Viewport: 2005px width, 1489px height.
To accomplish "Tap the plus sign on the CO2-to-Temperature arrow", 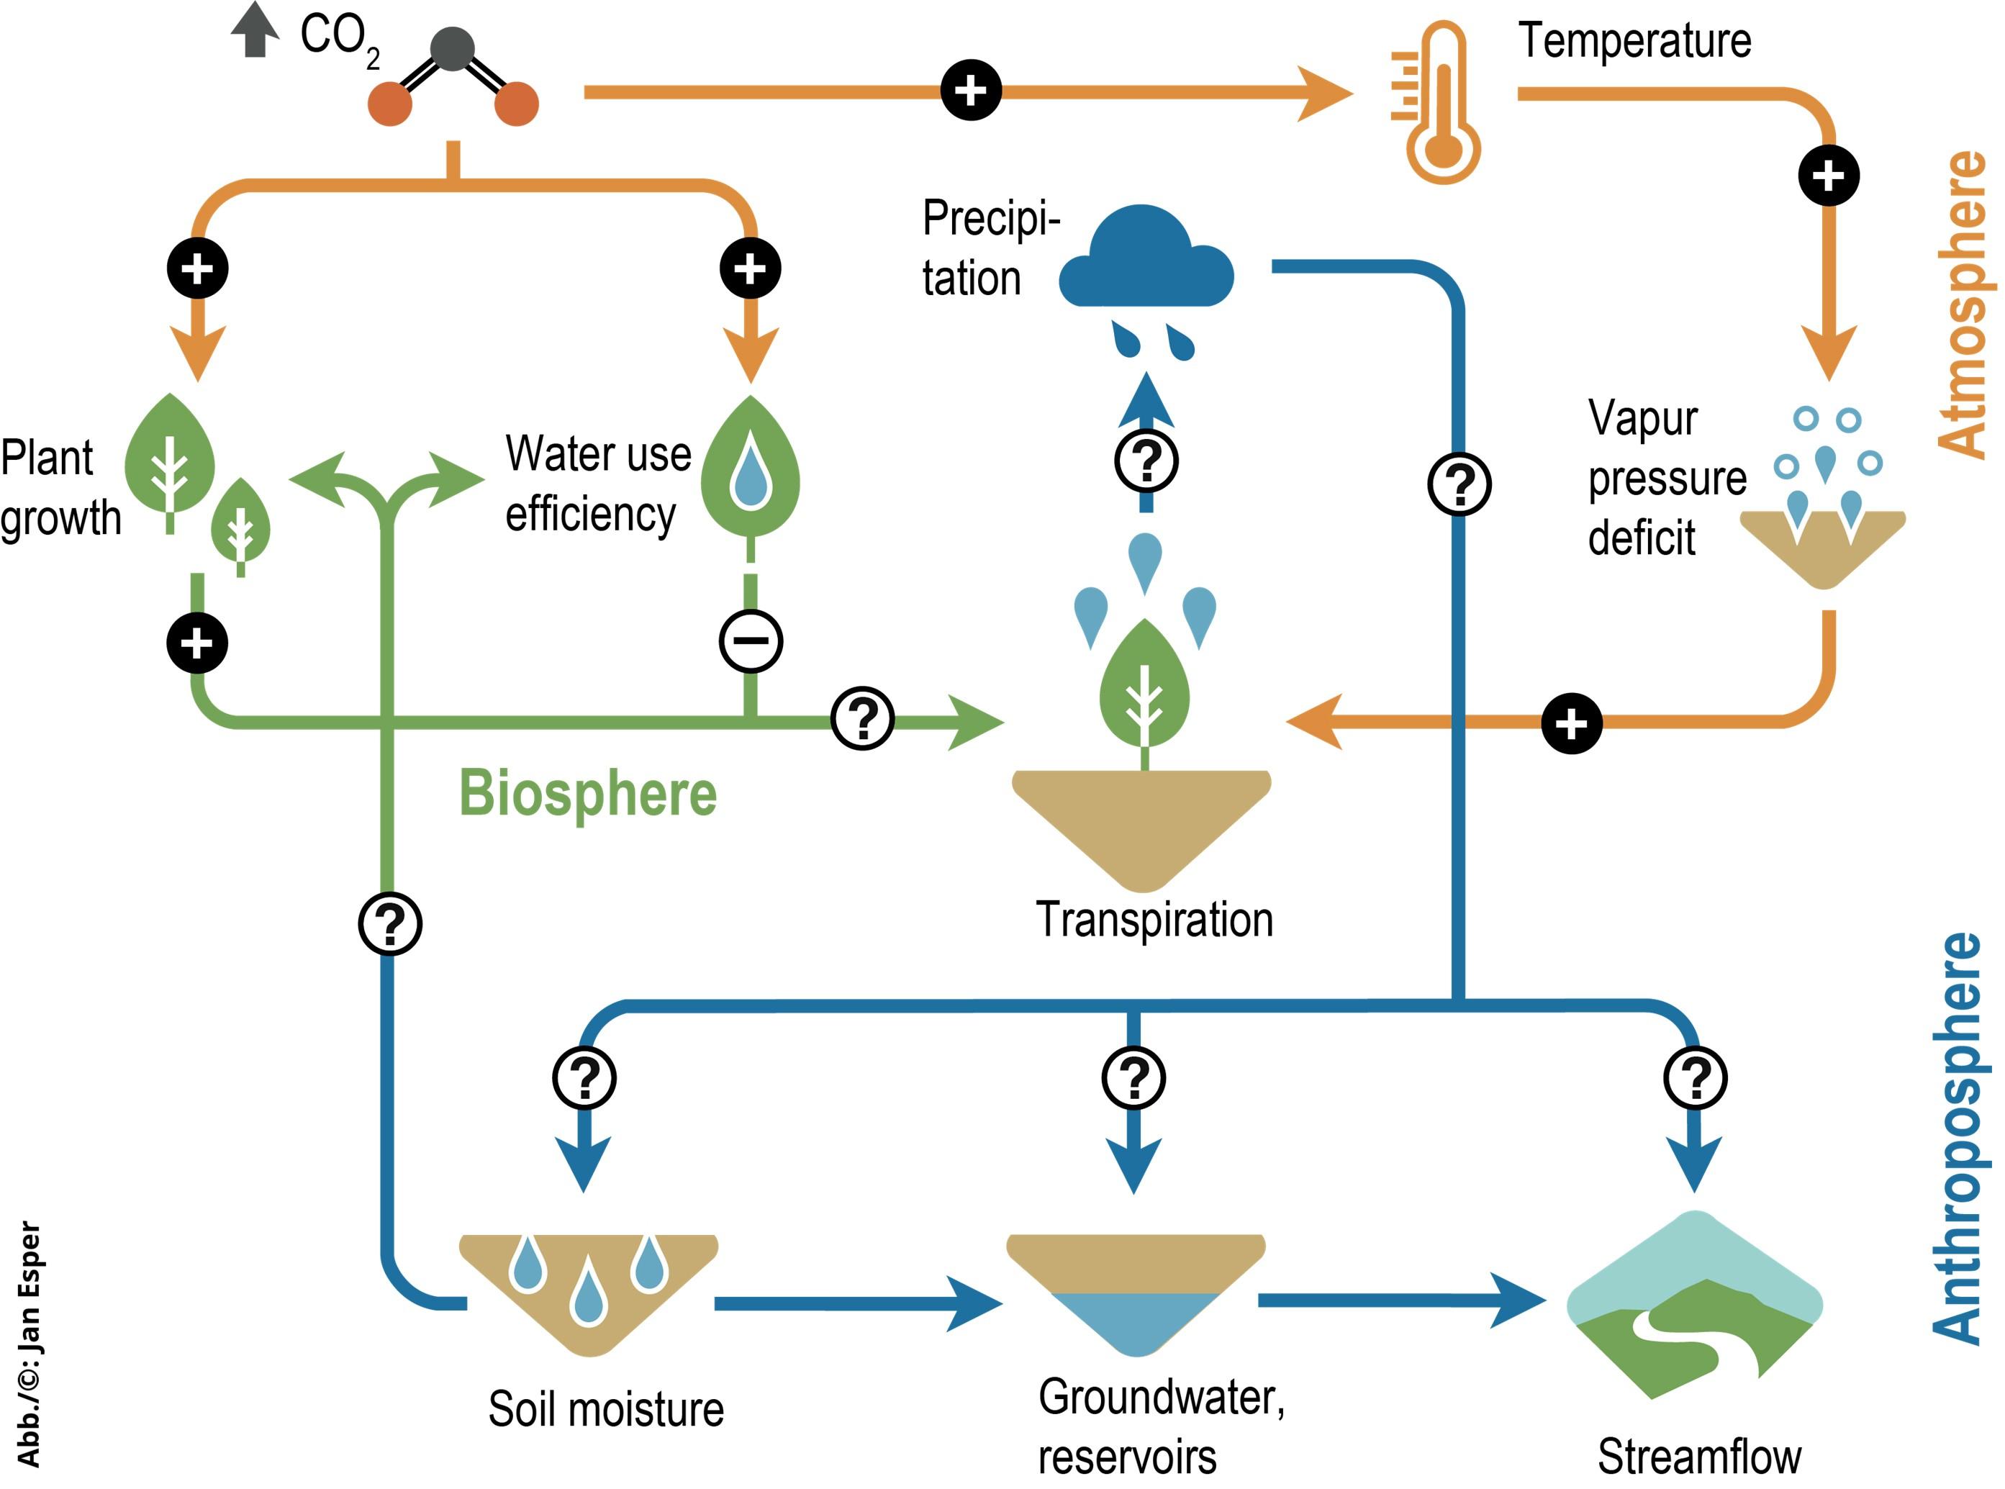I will click(971, 90).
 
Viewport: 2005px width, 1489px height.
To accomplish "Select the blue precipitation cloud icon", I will click(1144, 261).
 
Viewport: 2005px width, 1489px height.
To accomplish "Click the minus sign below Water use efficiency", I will click(751, 641).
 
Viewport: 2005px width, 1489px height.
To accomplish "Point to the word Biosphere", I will click(587, 793).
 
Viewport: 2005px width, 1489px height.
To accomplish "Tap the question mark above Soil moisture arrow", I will click(584, 1077).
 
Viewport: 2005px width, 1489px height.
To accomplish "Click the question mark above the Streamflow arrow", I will click(1695, 1077).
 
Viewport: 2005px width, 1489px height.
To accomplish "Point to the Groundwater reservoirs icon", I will click(1136, 1293).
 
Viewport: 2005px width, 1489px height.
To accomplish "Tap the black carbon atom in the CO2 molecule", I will click(453, 50).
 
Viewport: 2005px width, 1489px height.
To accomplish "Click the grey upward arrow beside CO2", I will click(255, 30).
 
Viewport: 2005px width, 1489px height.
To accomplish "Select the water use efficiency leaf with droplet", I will click(751, 469).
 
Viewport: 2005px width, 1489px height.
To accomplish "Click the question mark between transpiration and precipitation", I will click(1146, 461).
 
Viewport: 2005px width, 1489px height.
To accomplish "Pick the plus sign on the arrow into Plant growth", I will click(197, 268).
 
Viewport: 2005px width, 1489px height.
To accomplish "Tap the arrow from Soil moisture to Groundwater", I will click(856, 1303).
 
